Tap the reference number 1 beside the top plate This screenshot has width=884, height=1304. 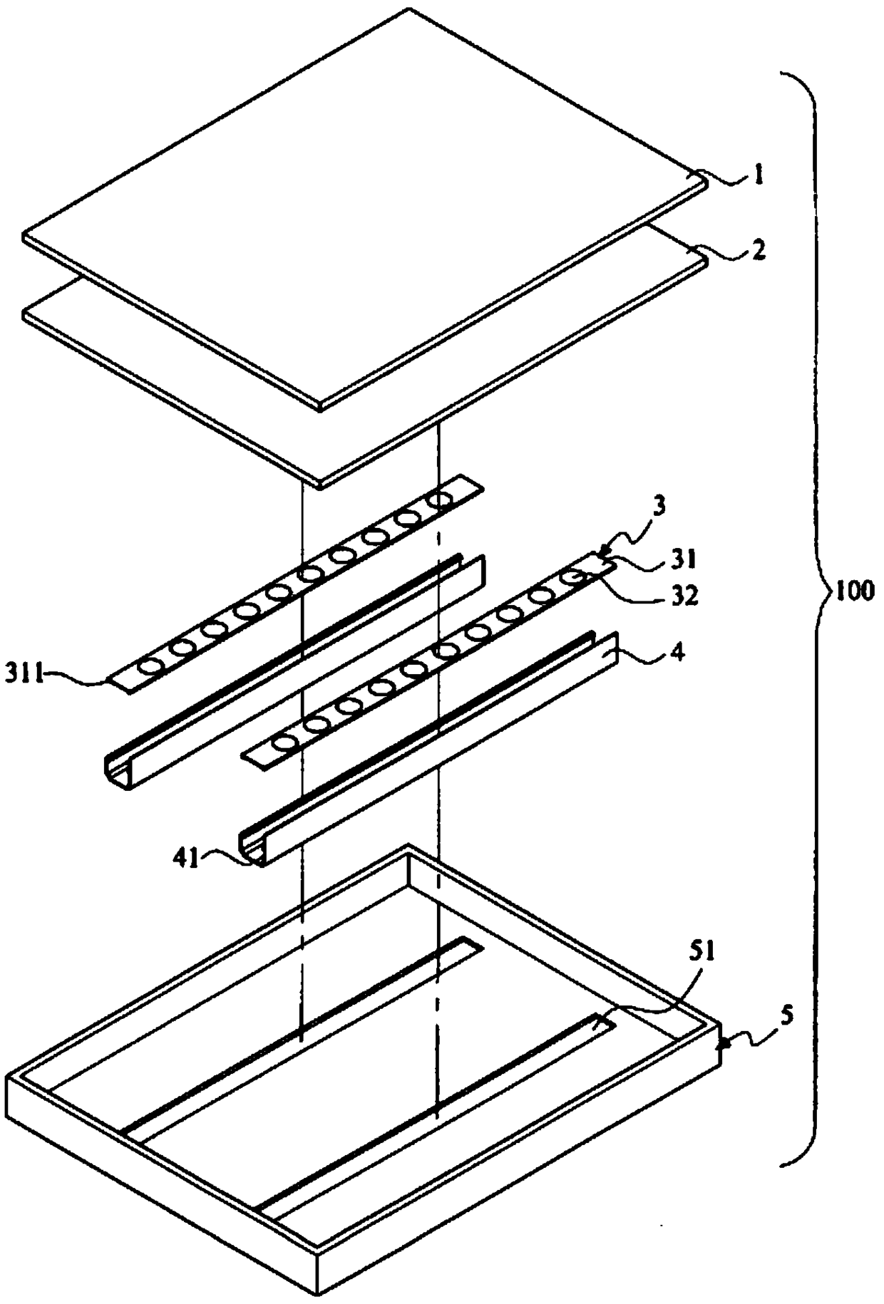click(x=759, y=175)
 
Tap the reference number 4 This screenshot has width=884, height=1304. click(x=679, y=651)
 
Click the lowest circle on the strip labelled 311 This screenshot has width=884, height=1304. click(x=150, y=667)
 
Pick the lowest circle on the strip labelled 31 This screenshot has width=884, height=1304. click(x=287, y=742)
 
